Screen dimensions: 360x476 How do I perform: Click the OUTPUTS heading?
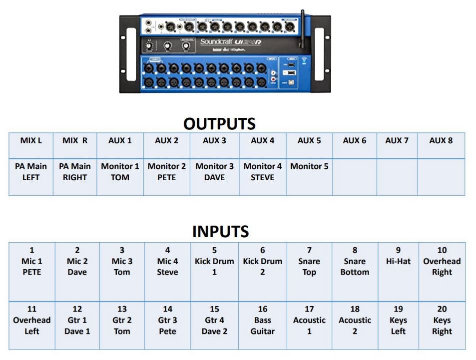coord(220,124)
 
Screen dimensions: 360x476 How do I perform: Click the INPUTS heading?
coord(220,232)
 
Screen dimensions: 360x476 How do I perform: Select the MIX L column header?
coord(31,141)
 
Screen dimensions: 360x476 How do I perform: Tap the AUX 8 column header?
coord(441,141)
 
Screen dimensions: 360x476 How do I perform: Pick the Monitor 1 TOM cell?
coord(120,172)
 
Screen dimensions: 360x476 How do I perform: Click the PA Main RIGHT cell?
coord(75,172)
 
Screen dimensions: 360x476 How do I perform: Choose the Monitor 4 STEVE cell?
coord(263,172)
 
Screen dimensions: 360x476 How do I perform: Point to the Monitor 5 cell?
coord(309,167)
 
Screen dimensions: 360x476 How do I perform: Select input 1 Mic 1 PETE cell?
coord(31,261)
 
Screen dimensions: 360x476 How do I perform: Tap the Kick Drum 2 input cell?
coord(263,261)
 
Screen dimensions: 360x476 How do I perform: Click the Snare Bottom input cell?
coord(355,261)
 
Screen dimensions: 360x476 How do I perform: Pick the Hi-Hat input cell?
coord(398,256)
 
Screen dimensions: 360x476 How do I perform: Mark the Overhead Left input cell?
coord(31,320)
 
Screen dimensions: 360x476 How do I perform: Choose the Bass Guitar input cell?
coord(263,320)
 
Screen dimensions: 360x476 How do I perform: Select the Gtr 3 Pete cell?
coord(167,320)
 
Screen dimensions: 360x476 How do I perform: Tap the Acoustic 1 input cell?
coord(309,320)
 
